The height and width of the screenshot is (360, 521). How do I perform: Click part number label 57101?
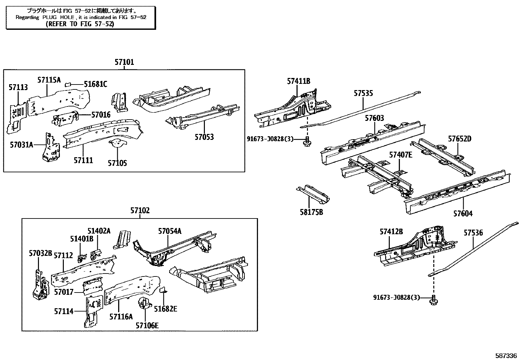(x=124, y=62)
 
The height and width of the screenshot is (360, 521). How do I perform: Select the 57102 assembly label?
(x=140, y=211)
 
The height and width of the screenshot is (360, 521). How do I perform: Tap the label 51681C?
(x=95, y=84)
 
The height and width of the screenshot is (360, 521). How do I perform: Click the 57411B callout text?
(x=298, y=81)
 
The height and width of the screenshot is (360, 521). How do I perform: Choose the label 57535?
(x=363, y=93)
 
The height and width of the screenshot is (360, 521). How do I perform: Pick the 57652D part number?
(x=459, y=139)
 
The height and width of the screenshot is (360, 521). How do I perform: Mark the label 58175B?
(x=311, y=212)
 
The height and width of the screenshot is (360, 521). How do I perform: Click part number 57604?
(x=463, y=214)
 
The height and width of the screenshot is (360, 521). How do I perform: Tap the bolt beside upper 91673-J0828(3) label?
(x=308, y=142)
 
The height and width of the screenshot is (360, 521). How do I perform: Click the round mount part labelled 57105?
(x=117, y=143)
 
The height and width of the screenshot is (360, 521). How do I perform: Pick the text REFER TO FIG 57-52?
(x=80, y=24)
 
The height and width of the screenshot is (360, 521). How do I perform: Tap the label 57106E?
(x=147, y=325)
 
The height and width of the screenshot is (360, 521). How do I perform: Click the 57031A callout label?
(x=21, y=144)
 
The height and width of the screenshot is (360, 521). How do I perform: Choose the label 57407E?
(x=401, y=155)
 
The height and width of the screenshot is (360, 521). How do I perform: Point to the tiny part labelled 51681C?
(x=68, y=84)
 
